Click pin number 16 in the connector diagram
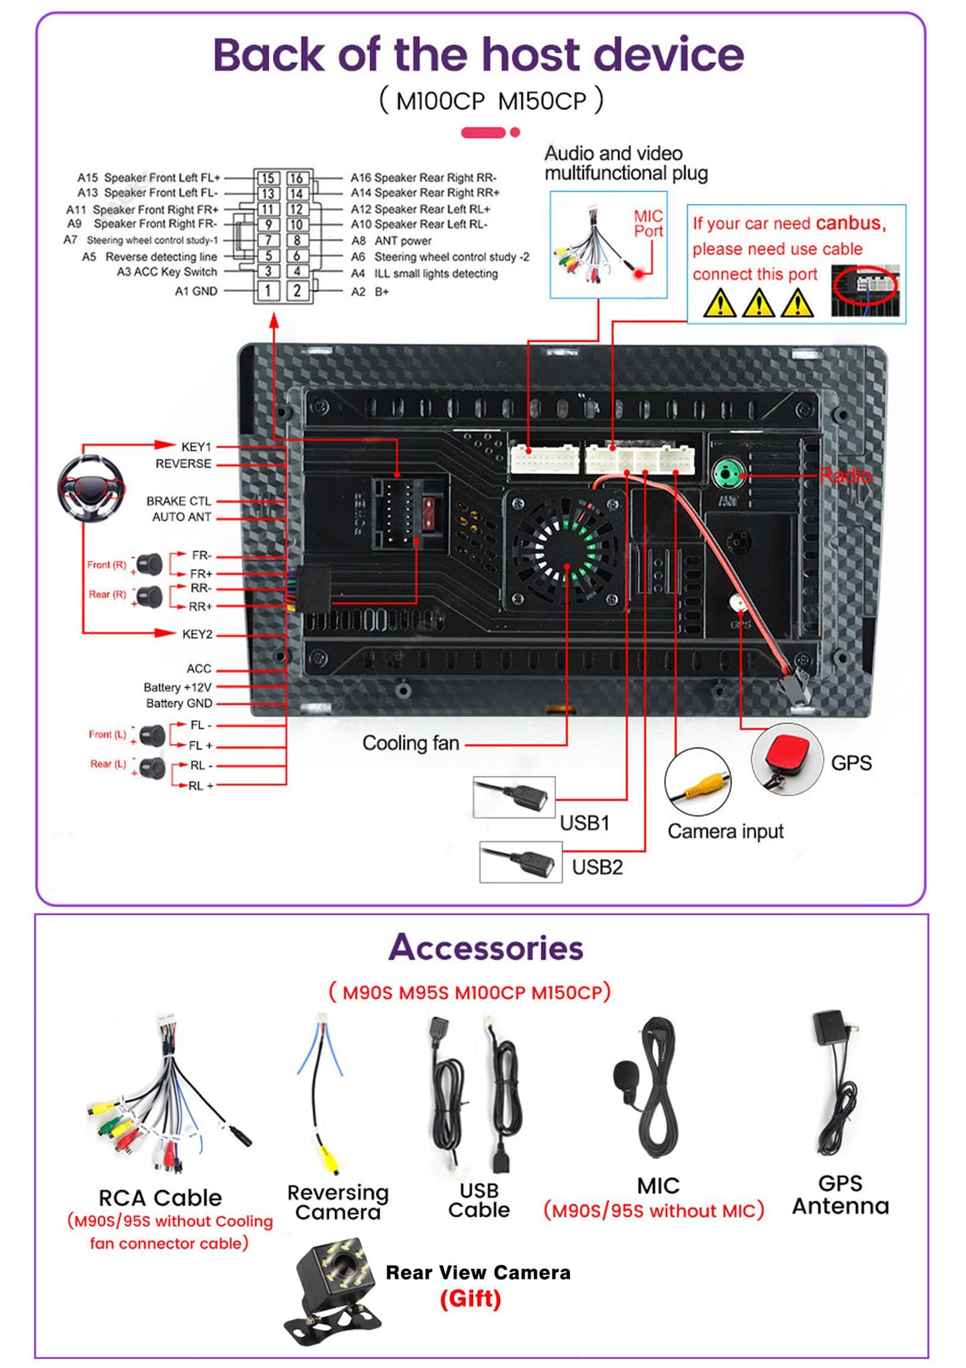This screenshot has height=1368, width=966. [x=296, y=178]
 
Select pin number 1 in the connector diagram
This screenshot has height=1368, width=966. [x=268, y=290]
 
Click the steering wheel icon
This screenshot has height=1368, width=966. [x=92, y=487]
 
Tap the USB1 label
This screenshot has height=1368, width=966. [x=584, y=823]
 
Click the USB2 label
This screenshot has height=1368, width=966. [x=597, y=867]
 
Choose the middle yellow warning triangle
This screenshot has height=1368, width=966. [x=758, y=304]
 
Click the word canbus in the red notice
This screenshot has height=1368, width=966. [x=850, y=223]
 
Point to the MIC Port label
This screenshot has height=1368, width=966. [x=648, y=223]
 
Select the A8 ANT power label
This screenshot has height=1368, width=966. [x=392, y=241]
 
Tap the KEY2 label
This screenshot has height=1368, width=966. [x=197, y=634]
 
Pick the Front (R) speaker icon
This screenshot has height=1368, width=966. [x=149, y=564]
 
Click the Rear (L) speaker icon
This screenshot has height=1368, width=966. [x=152, y=767]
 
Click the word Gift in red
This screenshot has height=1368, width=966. [x=470, y=1298]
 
